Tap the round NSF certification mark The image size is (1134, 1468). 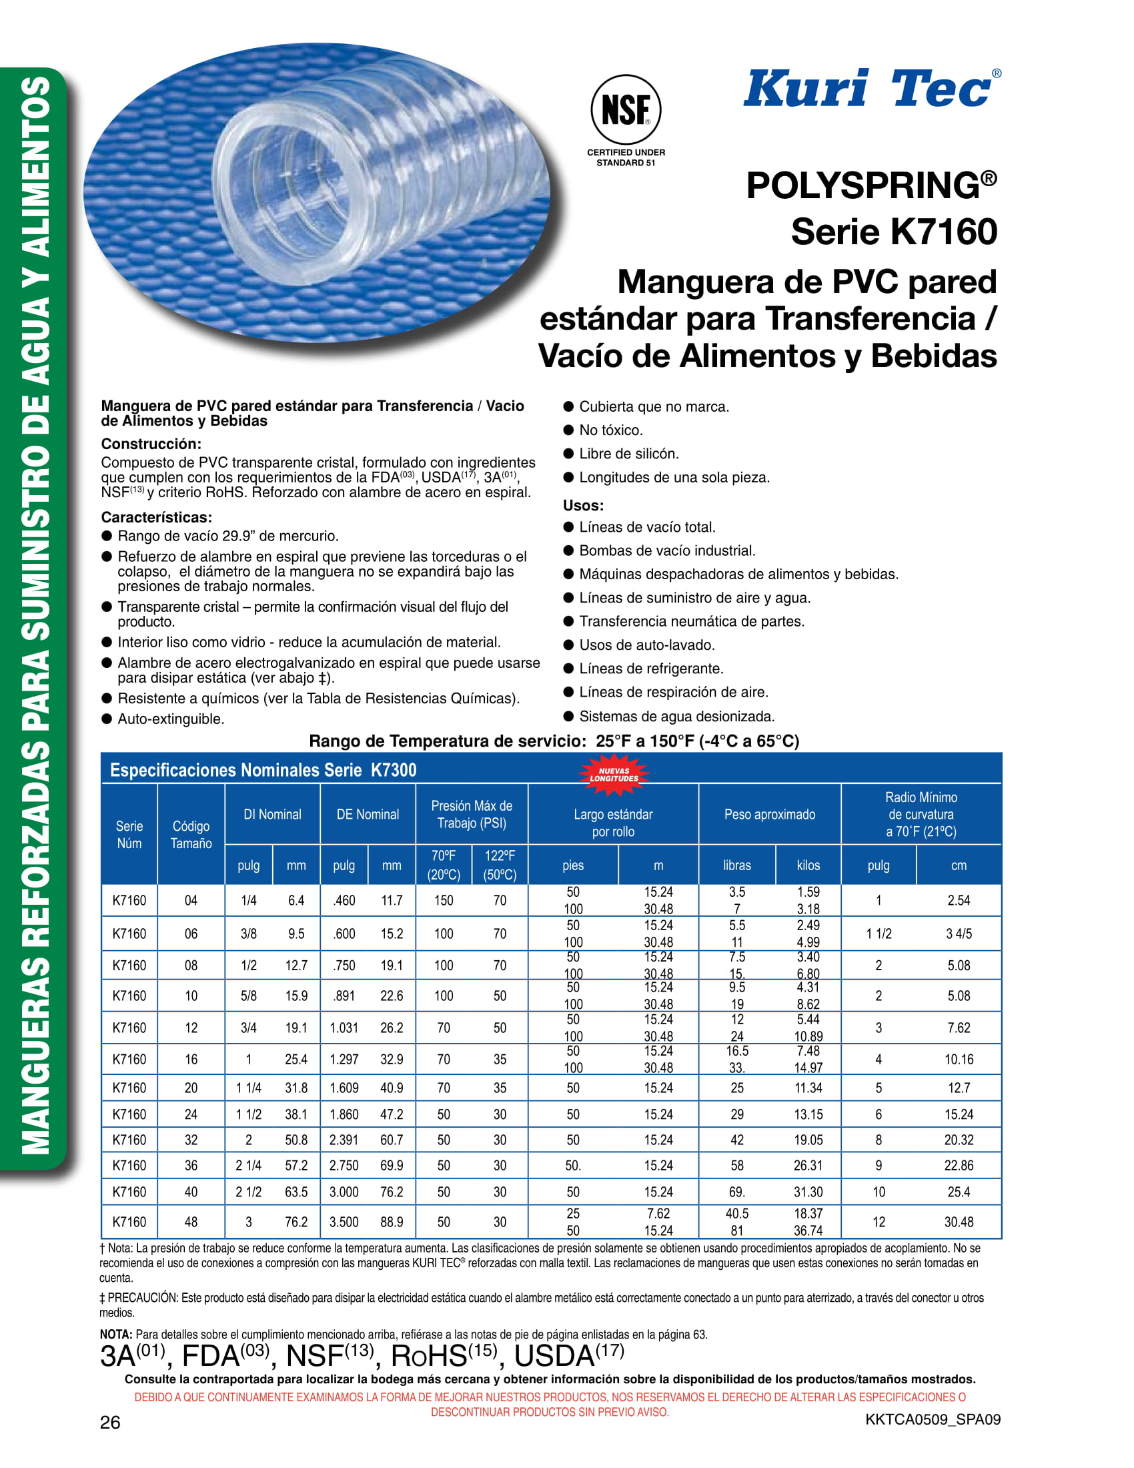click(626, 109)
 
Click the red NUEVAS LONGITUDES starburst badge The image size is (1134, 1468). click(613, 775)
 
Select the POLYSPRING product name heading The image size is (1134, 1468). click(871, 186)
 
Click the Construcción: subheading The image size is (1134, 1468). click(151, 444)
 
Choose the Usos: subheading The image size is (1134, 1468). click(583, 506)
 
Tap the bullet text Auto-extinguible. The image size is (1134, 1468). click(171, 719)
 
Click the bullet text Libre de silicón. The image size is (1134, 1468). click(629, 454)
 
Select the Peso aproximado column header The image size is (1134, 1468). click(769, 814)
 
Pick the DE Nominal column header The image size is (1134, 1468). click(368, 814)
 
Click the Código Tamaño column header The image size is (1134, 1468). click(191, 834)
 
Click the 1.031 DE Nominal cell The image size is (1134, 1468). click(344, 1028)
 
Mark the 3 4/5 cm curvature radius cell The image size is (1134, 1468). click(958, 934)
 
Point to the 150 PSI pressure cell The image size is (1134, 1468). click(444, 900)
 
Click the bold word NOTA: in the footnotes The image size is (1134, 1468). click(116, 1335)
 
